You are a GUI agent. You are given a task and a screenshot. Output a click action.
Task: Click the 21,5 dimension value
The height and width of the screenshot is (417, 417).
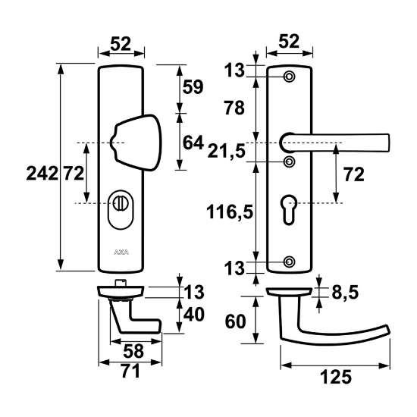pos(227,152)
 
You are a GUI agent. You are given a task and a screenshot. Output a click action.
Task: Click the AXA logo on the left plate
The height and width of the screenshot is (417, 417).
pos(121,251)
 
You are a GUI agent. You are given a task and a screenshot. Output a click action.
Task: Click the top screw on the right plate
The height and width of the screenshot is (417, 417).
pos(289,77)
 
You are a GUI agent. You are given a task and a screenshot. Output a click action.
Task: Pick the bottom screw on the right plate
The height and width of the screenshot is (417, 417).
pos(289,262)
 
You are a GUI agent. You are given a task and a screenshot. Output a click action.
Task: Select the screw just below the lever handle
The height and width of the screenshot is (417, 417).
pos(289,161)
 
